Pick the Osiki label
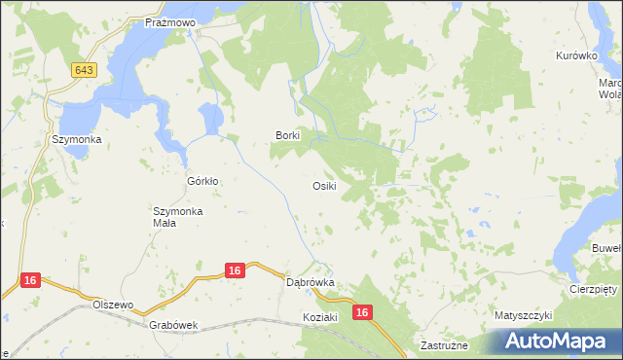pos(325,186)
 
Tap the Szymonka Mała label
pos(177,217)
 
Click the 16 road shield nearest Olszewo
pos(30,280)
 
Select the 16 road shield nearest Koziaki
pos(362,312)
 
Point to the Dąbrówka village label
pos(311,282)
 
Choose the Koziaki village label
pos(319,317)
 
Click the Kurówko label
pos(575,56)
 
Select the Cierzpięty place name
pos(594,290)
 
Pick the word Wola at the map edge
pos(610,94)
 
